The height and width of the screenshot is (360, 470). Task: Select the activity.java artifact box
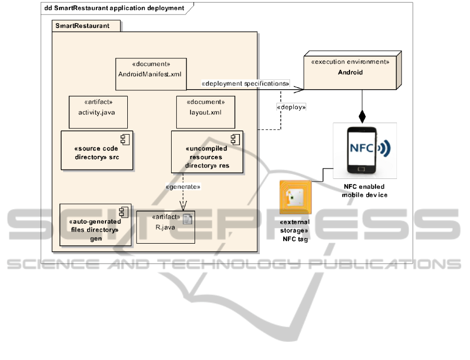coord(98,112)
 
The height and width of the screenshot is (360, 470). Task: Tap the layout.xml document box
coord(206,112)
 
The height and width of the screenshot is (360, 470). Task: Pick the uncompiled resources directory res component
coord(207,152)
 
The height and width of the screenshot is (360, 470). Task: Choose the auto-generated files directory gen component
coord(92,224)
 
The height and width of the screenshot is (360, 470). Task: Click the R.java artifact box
coord(165,226)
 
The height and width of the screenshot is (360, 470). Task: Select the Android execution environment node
coord(350,71)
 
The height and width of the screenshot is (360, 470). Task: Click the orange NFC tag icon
coord(295,197)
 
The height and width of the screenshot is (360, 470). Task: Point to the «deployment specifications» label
coord(245,83)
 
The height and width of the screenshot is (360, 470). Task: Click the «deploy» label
coord(291,106)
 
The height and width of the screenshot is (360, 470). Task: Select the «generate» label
coord(183,186)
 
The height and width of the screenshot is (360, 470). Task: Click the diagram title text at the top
coord(114,8)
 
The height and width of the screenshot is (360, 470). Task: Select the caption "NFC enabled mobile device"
coord(364,190)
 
